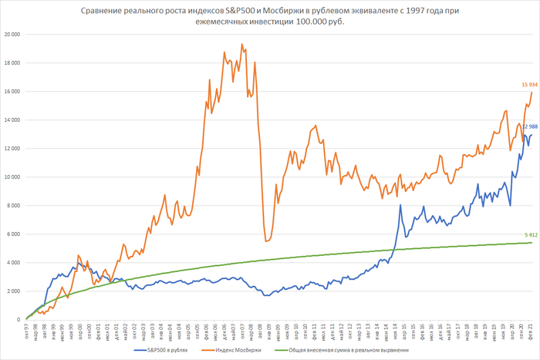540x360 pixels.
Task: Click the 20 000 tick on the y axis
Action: (12, 35)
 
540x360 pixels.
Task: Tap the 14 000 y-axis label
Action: (12, 119)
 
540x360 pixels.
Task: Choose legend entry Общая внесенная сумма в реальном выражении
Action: (368, 349)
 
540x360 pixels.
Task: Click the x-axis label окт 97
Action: (27, 332)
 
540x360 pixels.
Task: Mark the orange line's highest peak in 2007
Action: (241, 45)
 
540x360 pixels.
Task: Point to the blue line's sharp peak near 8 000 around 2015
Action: (400, 205)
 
